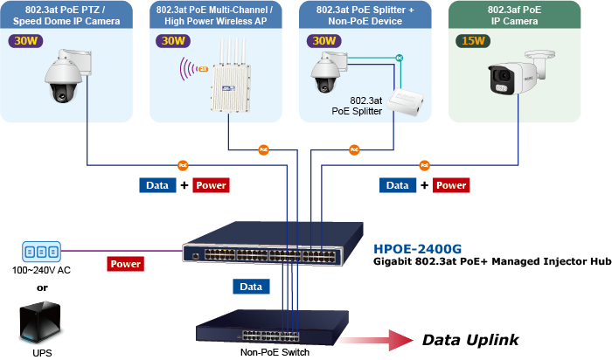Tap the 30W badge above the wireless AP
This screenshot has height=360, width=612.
coord(171,41)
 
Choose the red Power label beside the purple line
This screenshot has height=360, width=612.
coord(126,263)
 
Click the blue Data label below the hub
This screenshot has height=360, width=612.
coord(251,287)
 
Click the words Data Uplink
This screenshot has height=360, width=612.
coord(470,340)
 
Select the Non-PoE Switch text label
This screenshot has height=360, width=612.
coord(275,352)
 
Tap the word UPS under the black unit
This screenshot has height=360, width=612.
coord(41,351)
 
